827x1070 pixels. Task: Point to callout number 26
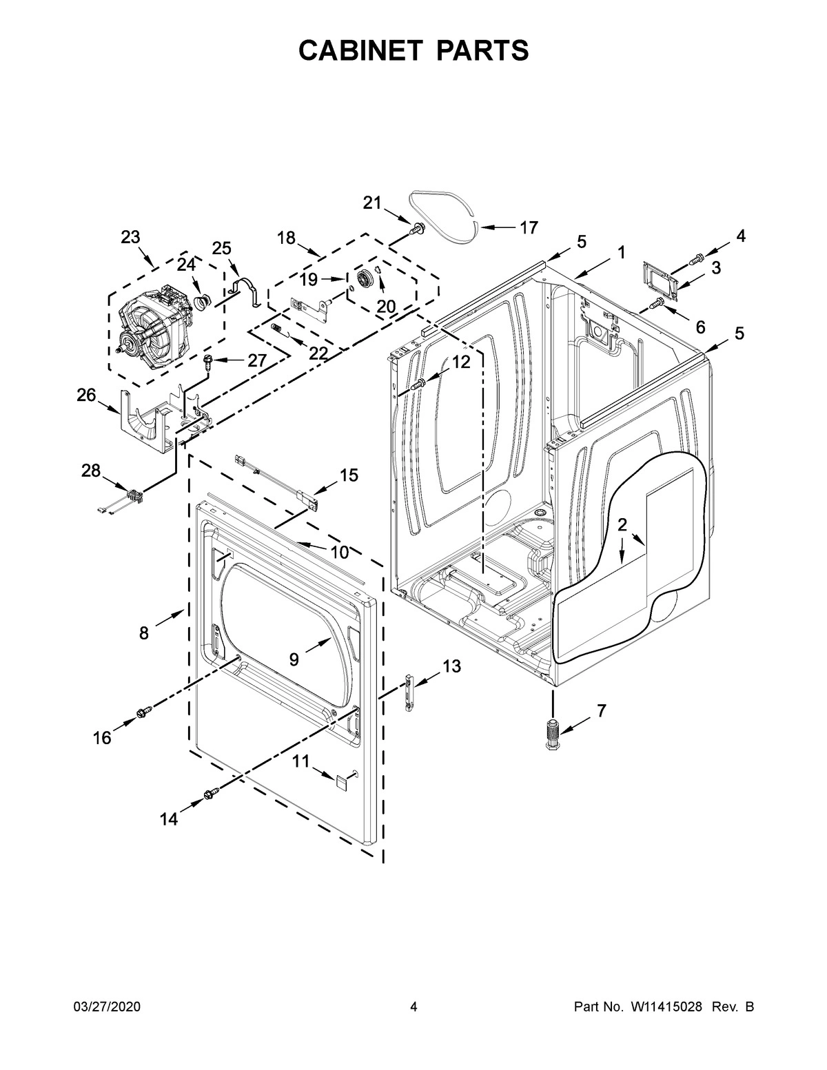click(86, 395)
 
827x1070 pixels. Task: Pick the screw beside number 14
click(211, 795)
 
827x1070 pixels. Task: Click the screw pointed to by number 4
click(697, 259)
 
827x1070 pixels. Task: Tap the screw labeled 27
click(207, 361)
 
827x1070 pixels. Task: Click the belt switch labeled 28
click(132, 494)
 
